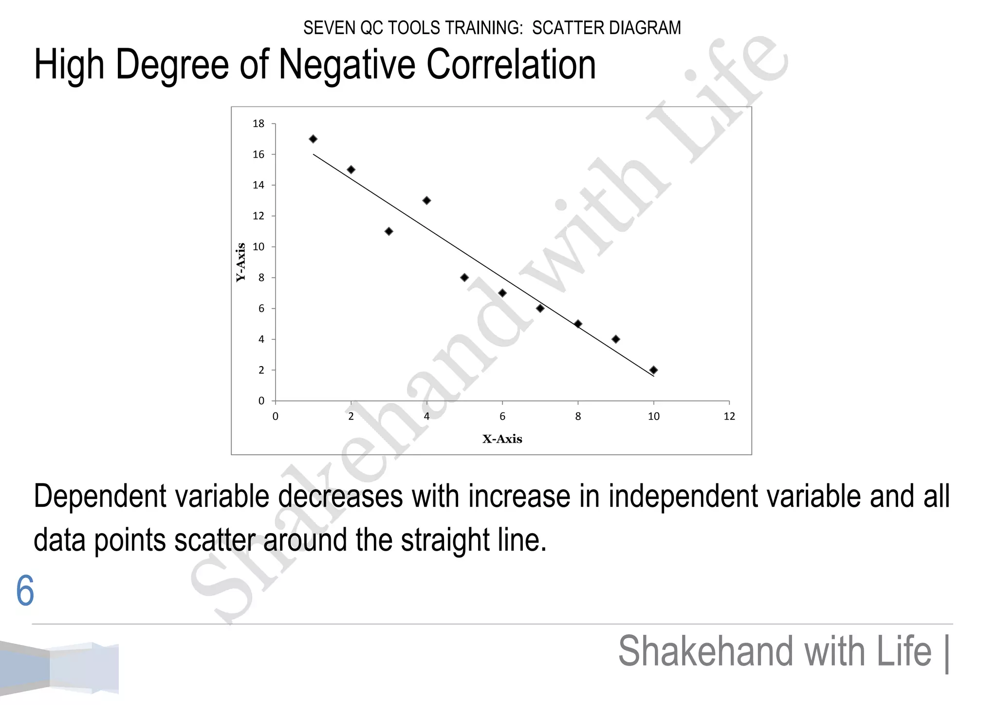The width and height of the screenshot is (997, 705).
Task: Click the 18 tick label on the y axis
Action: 258,124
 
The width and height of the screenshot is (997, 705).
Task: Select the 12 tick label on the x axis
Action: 729,416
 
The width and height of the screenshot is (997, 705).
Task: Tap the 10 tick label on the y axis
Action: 258,247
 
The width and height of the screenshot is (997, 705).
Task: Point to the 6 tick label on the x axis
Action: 502,416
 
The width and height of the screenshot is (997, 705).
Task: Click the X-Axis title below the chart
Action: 502,439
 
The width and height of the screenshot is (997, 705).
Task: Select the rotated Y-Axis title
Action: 240,262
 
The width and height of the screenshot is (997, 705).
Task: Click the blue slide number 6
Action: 25,591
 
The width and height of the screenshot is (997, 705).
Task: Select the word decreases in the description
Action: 340,497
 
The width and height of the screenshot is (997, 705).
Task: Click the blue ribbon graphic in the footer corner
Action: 59,668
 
